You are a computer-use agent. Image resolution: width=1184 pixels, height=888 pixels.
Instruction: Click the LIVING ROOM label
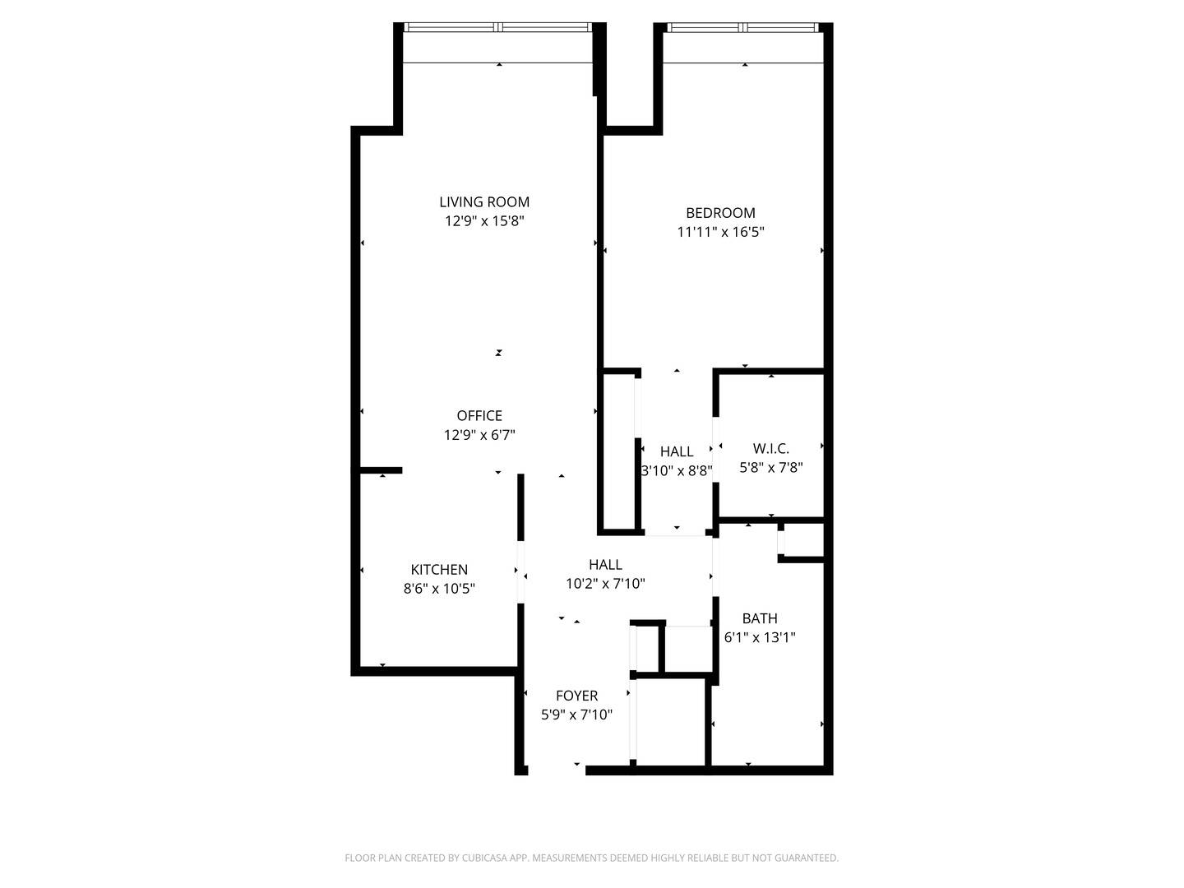(483, 201)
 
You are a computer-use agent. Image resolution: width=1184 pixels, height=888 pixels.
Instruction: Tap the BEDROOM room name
(720, 213)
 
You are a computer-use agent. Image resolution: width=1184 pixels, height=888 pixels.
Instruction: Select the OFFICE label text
(479, 415)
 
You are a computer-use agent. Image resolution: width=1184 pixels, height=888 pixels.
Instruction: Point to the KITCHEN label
(439, 569)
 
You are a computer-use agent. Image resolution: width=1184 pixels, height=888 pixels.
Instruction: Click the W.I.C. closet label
(770, 448)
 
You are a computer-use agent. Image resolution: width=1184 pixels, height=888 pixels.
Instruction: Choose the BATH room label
(760, 618)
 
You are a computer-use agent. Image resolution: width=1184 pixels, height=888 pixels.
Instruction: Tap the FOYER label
(576, 696)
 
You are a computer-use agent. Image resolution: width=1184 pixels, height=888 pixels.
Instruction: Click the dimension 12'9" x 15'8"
(484, 221)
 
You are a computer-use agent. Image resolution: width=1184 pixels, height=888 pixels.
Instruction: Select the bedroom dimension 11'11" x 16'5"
(720, 232)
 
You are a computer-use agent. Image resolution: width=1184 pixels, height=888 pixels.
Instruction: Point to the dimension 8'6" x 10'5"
(439, 589)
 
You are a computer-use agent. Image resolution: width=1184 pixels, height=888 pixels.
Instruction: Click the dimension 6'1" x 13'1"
(760, 637)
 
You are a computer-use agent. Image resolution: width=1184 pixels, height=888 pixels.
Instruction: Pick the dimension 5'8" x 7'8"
(770, 468)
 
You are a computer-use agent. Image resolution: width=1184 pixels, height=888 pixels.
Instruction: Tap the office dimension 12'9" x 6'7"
(479, 435)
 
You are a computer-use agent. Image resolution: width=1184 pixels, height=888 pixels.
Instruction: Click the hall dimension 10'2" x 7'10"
(605, 584)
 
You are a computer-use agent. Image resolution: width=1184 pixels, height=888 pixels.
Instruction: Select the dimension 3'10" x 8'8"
(677, 471)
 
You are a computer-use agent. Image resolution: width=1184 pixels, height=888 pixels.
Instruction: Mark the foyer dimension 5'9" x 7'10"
(576, 715)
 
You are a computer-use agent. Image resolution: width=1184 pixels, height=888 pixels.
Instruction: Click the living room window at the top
(498, 27)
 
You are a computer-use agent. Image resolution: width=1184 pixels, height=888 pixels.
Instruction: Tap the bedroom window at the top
(744, 27)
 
